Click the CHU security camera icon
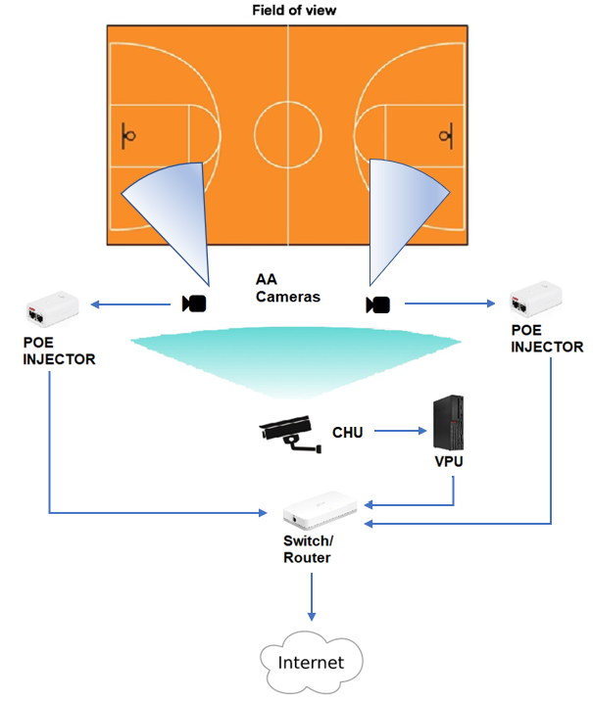click(x=289, y=433)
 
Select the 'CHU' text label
click(x=348, y=431)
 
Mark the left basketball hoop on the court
click(x=130, y=133)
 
